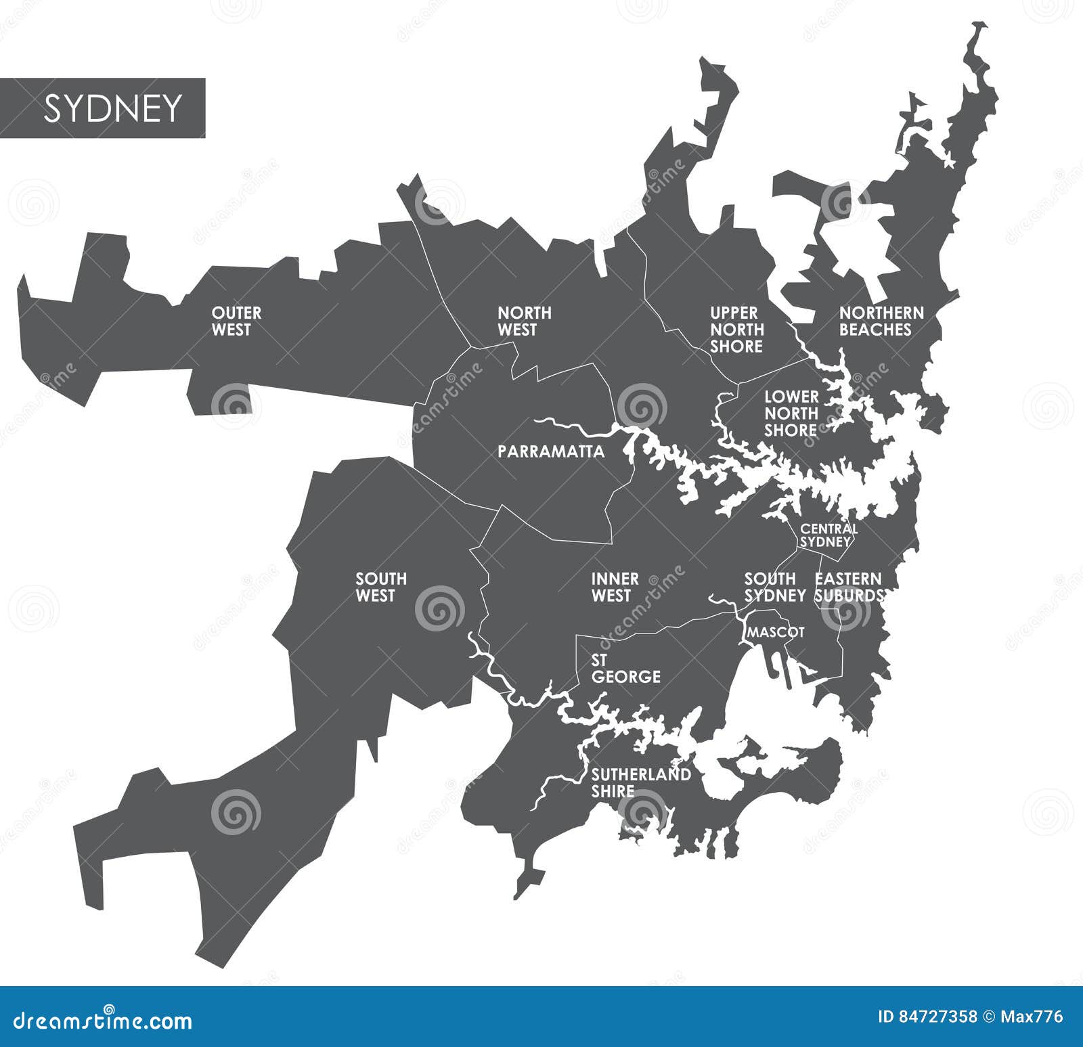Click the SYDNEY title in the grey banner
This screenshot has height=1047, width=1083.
tap(113, 108)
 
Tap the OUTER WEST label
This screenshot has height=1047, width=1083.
tap(236, 321)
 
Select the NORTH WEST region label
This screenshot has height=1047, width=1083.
tap(524, 321)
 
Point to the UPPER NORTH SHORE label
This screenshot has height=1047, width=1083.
tap(736, 330)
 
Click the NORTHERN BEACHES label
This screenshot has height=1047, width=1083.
tap(881, 321)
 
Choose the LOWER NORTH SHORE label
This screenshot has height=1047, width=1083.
tap(791, 414)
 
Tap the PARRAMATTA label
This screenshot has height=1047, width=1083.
tap(551, 452)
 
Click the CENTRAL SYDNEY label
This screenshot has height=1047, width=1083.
tap(828, 535)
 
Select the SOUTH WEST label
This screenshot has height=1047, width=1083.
tap(381, 587)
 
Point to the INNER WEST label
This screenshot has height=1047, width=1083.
tap(615, 587)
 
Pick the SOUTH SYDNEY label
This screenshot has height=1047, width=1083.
tap(774, 587)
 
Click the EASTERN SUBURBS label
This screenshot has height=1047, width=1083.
tap(849, 587)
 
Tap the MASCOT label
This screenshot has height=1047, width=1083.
tap(775, 632)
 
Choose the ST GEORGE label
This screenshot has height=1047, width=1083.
tap(625, 668)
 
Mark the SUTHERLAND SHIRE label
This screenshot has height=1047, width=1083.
tap(640, 783)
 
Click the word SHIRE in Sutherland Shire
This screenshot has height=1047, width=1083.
tap(613, 791)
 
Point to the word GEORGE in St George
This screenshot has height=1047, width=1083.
tap(626, 676)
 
